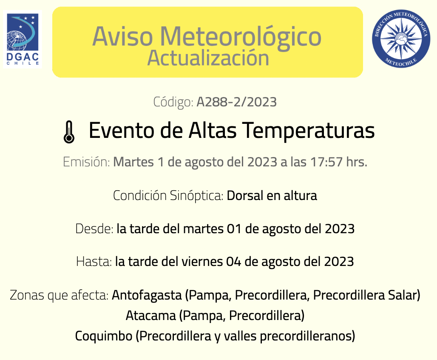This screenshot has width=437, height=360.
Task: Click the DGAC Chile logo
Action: tap(23, 39)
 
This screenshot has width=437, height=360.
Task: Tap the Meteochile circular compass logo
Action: tap(401, 39)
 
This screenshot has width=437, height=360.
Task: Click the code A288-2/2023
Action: tap(237, 102)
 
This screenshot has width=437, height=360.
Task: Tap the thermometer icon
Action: tap(69, 132)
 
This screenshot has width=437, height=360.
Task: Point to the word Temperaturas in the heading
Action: tap(308, 131)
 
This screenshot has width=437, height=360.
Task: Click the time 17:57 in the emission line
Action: tap(326, 162)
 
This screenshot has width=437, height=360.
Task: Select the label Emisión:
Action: tap(86, 162)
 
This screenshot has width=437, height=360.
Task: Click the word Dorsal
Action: tap(245, 195)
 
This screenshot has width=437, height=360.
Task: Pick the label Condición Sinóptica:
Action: tap(168, 195)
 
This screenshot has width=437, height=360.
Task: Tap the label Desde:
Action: tap(94, 229)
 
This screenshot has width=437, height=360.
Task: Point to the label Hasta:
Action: tap(94, 261)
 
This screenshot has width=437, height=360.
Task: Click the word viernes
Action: tap(202, 261)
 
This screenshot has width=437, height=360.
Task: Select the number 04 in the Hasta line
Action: tap(233, 262)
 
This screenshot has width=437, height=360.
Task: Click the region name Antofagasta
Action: tap(147, 295)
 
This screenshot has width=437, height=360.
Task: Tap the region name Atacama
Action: tap(151, 316)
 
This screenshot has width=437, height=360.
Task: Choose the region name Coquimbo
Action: tap(104, 336)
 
